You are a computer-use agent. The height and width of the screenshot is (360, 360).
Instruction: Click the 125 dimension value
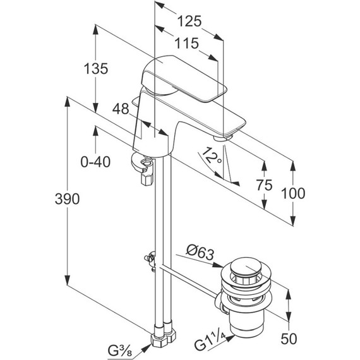pos(189,21)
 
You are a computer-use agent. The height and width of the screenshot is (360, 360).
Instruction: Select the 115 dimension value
pos(187,43)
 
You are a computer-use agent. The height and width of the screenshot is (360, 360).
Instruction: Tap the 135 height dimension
pos(96,68)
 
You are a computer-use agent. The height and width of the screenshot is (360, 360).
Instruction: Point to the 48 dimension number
pos(121,109)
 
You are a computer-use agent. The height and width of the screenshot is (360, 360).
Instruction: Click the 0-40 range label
pos(95,162)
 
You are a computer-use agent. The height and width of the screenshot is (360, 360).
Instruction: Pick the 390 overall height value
pos(67,199)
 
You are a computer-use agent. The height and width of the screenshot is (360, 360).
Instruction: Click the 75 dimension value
pos(265,185)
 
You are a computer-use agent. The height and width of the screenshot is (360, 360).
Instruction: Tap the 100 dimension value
pos(293,193)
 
